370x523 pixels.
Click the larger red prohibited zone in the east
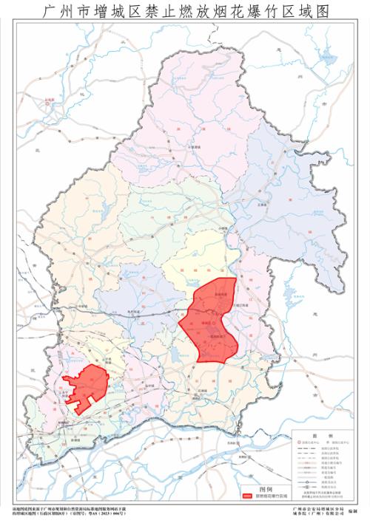(210, 321)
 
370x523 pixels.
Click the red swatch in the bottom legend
(246, 496)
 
